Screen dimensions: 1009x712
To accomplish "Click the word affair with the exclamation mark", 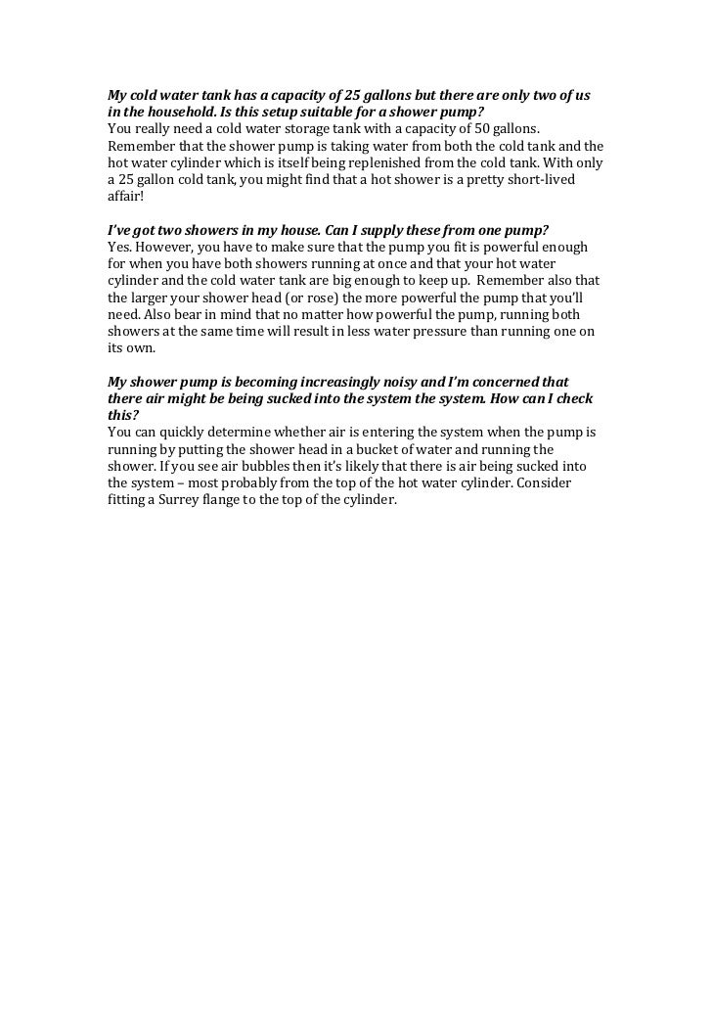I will [125, 195].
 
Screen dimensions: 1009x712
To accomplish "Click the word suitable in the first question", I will [333, 113].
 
